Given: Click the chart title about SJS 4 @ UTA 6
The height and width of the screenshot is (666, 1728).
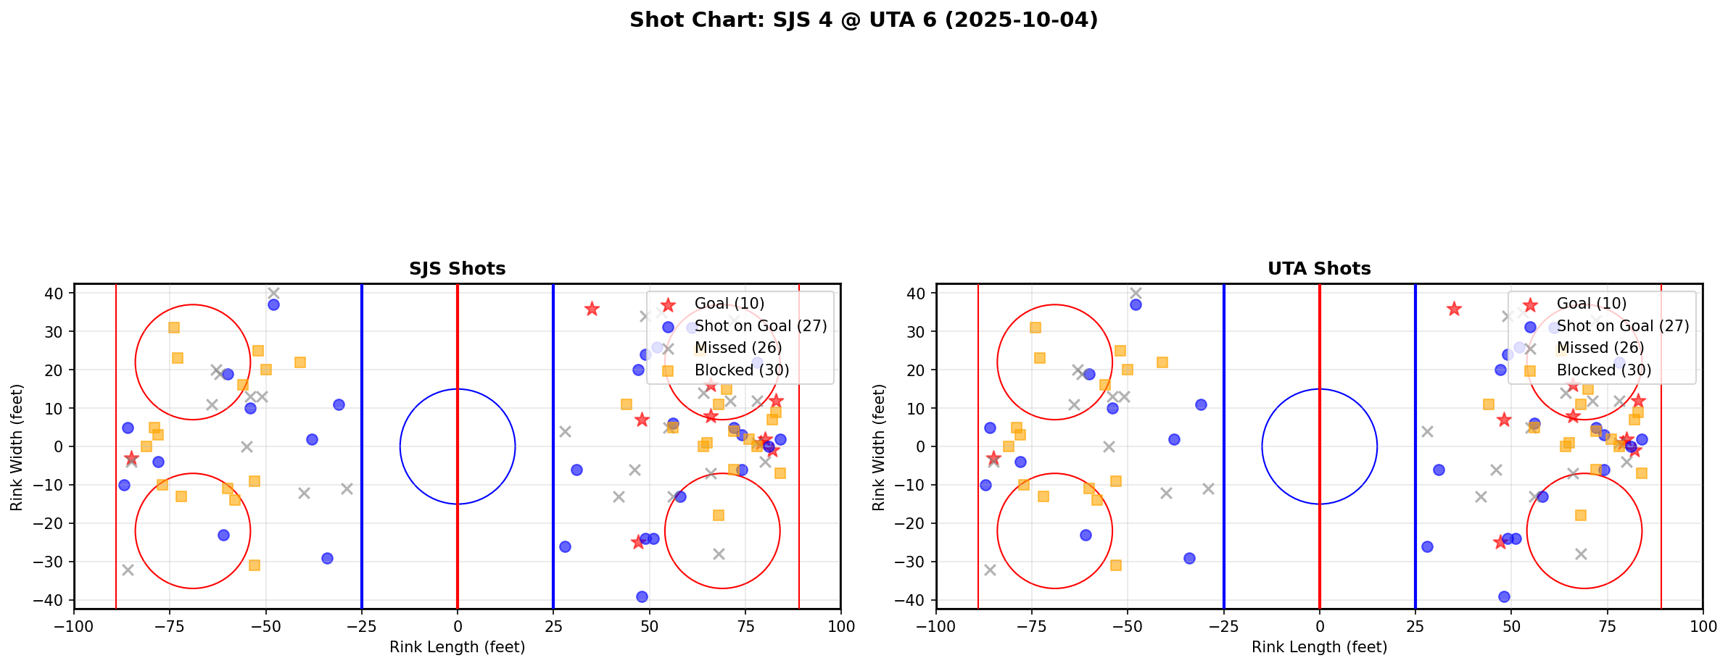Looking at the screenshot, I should tap(864, 20).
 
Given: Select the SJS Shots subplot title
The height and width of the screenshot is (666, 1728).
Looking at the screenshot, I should tap(457, 269).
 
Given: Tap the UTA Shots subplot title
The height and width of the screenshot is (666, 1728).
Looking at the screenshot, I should tap(1319, 269).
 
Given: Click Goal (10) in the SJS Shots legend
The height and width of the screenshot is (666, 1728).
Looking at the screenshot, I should tap(729, 304).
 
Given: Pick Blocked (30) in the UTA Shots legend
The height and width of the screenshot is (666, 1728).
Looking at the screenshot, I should tap(1604, 370).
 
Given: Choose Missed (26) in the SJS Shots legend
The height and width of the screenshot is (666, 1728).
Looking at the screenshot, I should tap(737, 348).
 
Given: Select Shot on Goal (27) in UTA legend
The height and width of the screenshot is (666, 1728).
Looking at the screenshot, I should tap(1623, 326).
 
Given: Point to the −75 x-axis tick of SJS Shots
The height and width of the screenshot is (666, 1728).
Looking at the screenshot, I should tap(170, 625).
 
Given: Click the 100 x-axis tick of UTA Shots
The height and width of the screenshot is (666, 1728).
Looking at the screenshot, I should tap(1702, 625).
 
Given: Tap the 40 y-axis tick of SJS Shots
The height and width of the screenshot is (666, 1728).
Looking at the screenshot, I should tap(55, 294).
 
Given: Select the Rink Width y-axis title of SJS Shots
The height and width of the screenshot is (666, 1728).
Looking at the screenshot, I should tap(17, 447).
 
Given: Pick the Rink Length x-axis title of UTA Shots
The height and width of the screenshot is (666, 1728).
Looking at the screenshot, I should tap(1319, 647).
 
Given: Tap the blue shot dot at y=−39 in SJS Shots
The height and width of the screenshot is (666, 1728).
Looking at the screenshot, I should tap(642, 596).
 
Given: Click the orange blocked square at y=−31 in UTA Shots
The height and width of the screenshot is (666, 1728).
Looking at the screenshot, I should tap(1116, 565).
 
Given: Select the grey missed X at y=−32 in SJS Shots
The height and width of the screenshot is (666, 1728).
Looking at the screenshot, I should tap(128, 570).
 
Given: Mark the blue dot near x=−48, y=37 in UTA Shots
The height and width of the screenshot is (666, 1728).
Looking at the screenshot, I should tap(1136, 305).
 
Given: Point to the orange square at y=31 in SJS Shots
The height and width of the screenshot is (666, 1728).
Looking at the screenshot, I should tap(174, 328).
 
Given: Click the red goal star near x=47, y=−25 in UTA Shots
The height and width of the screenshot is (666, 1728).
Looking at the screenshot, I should tap(1500, 542).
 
